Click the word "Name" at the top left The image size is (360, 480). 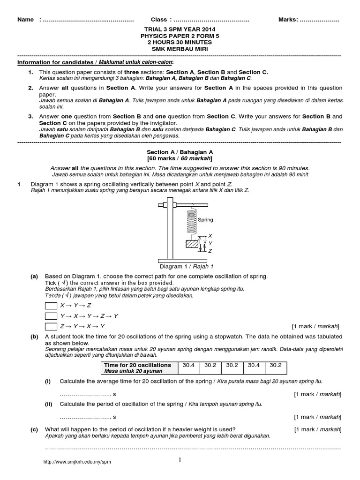(25, 20)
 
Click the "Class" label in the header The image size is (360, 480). (159, 20)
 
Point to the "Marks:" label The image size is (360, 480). (288, 20)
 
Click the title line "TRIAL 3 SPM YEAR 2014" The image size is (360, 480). (180, 29)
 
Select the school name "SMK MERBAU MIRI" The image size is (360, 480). (180, 49)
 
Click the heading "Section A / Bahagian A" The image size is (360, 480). (180, 152)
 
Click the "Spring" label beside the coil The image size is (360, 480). (205, 219)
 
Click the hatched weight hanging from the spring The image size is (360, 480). (192, 244)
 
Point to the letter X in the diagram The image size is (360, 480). (210, 236)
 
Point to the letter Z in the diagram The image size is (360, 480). (210, 251)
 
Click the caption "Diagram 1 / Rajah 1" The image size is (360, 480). (180, 267)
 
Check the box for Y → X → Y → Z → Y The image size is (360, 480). (50, 316)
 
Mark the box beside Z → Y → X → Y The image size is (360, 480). (50, 326)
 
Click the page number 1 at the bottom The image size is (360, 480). (180, 460)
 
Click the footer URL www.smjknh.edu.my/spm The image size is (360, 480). (77, 462)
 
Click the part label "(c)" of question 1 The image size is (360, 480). (34, 429)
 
